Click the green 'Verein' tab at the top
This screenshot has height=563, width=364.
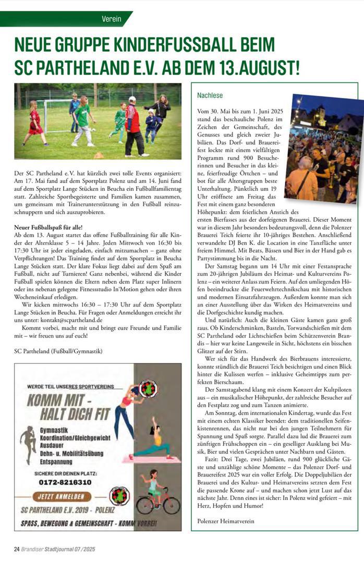111,19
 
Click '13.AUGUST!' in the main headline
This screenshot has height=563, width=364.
256,67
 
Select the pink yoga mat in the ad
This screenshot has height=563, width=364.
155,460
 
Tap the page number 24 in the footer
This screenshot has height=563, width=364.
17,549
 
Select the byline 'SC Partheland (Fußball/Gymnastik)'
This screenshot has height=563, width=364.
58,351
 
